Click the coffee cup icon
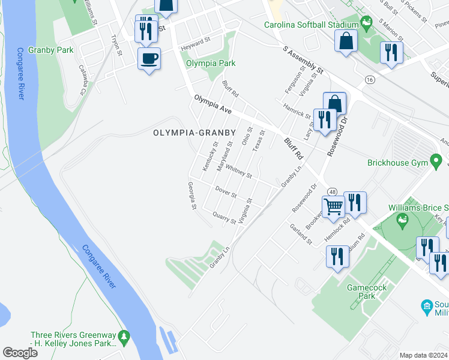click(x=149, y=59)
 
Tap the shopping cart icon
click(x=333, y=207)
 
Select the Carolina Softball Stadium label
click(x=312, y=25)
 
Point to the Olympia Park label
click(x=210, y=63)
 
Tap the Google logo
click(x=20, y=353)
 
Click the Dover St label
click(x=226, y=192)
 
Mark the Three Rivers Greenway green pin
click(x=124, y=336)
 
